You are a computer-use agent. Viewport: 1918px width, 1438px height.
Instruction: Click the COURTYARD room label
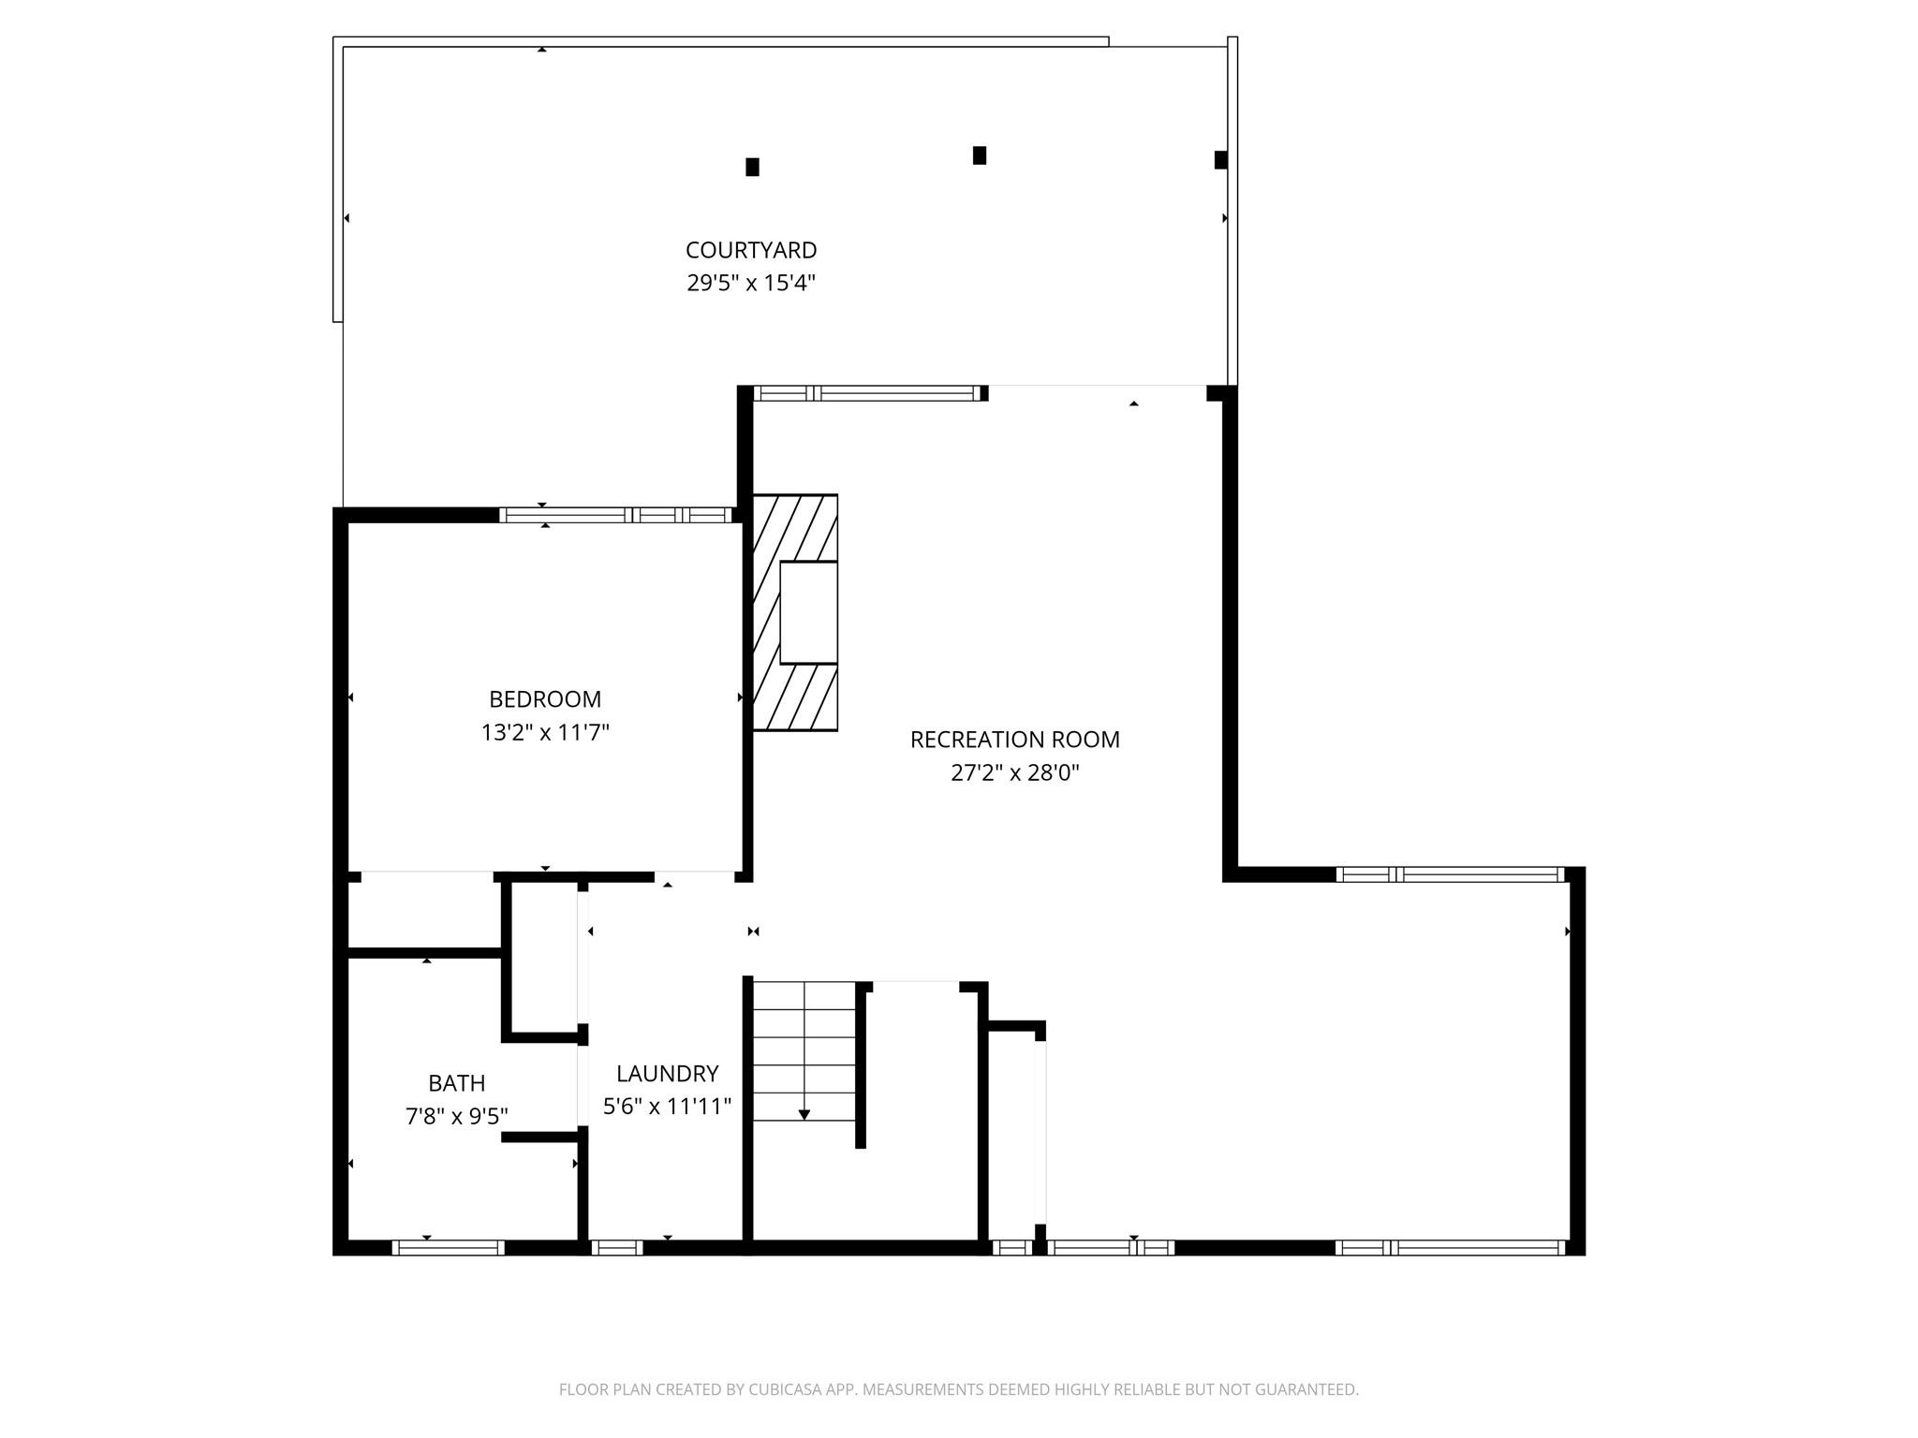[751, 250]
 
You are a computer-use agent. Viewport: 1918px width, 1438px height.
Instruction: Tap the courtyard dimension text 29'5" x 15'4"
[751, 283]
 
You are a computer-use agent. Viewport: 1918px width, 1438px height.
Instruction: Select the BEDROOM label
[545, 699]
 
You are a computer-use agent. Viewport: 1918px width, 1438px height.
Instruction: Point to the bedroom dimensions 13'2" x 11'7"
[545, 732]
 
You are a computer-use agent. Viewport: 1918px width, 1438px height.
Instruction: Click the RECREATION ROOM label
[1015, 740]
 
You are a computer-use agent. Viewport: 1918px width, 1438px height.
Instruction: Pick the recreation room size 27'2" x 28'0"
[1015, 772]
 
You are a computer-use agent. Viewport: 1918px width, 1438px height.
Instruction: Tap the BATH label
[457, 1083]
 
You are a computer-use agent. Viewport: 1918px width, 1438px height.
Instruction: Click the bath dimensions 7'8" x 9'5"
[457, 1116]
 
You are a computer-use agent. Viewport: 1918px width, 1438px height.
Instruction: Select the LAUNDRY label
[667, 1074]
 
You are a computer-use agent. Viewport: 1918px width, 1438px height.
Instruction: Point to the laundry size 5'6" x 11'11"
[667, 1107]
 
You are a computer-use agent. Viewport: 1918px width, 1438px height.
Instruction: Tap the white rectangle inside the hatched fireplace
[808, 612]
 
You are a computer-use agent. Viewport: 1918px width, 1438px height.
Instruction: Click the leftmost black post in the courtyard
[752, 167]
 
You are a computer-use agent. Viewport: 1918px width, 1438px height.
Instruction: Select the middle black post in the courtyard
[980, 155]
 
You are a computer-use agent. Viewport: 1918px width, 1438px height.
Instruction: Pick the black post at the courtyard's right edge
[1220, 160]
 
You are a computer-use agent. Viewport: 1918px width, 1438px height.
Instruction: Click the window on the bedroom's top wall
[615, 515]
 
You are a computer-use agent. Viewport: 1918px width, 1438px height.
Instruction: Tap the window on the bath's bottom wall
[448, 1247]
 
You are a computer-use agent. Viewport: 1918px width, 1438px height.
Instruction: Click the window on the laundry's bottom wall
[616, 1247]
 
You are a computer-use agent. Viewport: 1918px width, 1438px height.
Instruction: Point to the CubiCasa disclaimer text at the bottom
[959, 1389]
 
